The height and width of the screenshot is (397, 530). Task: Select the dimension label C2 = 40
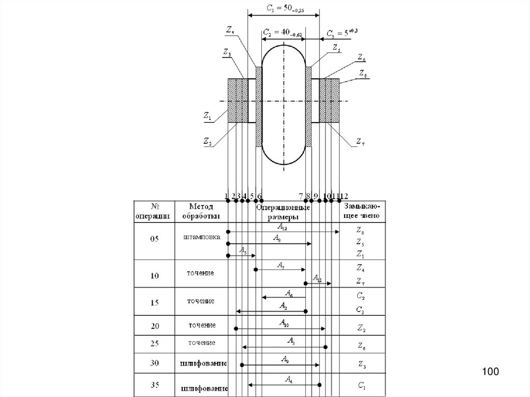(x=283, y=33)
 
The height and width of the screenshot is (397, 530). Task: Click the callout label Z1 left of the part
(x=207, y=117)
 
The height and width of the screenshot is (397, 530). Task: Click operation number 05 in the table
(x=154, y=239)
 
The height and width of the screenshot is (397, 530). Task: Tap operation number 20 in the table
(x=154, y=326)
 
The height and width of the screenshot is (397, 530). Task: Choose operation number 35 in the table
(x=154, y=384)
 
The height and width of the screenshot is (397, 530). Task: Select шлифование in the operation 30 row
(x=204, y=363)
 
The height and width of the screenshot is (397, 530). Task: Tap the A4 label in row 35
(x=288, y=380)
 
